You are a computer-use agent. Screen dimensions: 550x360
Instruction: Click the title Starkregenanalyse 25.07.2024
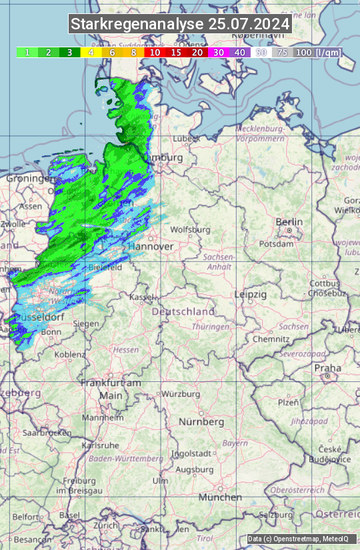pos(180,24)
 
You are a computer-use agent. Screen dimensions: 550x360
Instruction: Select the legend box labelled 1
pos(27,52)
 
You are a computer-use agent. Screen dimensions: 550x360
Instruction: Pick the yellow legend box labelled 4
pos(90,52)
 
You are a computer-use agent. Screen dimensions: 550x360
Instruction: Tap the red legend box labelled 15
pos(176,52)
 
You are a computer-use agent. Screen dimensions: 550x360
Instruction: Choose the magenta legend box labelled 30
pos(219,52)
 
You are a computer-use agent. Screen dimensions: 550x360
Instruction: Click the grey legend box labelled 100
pos(303,52)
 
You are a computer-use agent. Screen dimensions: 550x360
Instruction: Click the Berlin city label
pos(289,222)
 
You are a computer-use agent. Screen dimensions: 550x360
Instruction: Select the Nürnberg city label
pos(201,422)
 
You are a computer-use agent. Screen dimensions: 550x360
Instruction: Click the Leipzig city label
pos(251,294)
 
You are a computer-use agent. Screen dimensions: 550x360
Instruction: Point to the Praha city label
pos(328,368)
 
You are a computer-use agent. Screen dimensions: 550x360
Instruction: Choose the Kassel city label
pos(141,297)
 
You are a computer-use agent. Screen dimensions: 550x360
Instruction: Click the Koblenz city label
pos(69,355)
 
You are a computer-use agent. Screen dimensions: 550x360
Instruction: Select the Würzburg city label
pos(181,394)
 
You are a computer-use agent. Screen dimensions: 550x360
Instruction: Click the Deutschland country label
pos(183,311)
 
